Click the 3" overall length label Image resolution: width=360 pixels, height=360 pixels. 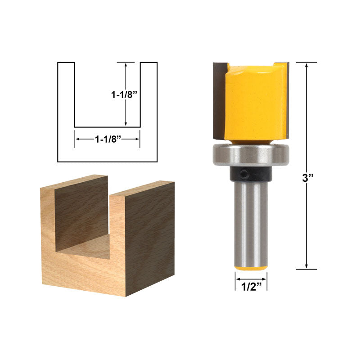(x=308, y=178)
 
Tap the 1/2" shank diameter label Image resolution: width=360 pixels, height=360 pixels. (x=252, y=286)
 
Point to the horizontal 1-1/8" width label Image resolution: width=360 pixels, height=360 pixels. (x=108, y=139)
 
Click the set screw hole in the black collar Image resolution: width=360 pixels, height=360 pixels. (x=245, y=174)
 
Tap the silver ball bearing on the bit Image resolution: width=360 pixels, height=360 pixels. (x=251, y=154)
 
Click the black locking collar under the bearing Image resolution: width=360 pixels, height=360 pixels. (x=251, y=174)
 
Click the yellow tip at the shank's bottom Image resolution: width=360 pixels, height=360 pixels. (x=251, y=268)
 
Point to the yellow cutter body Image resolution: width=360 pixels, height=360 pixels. (x=255, y=103)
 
